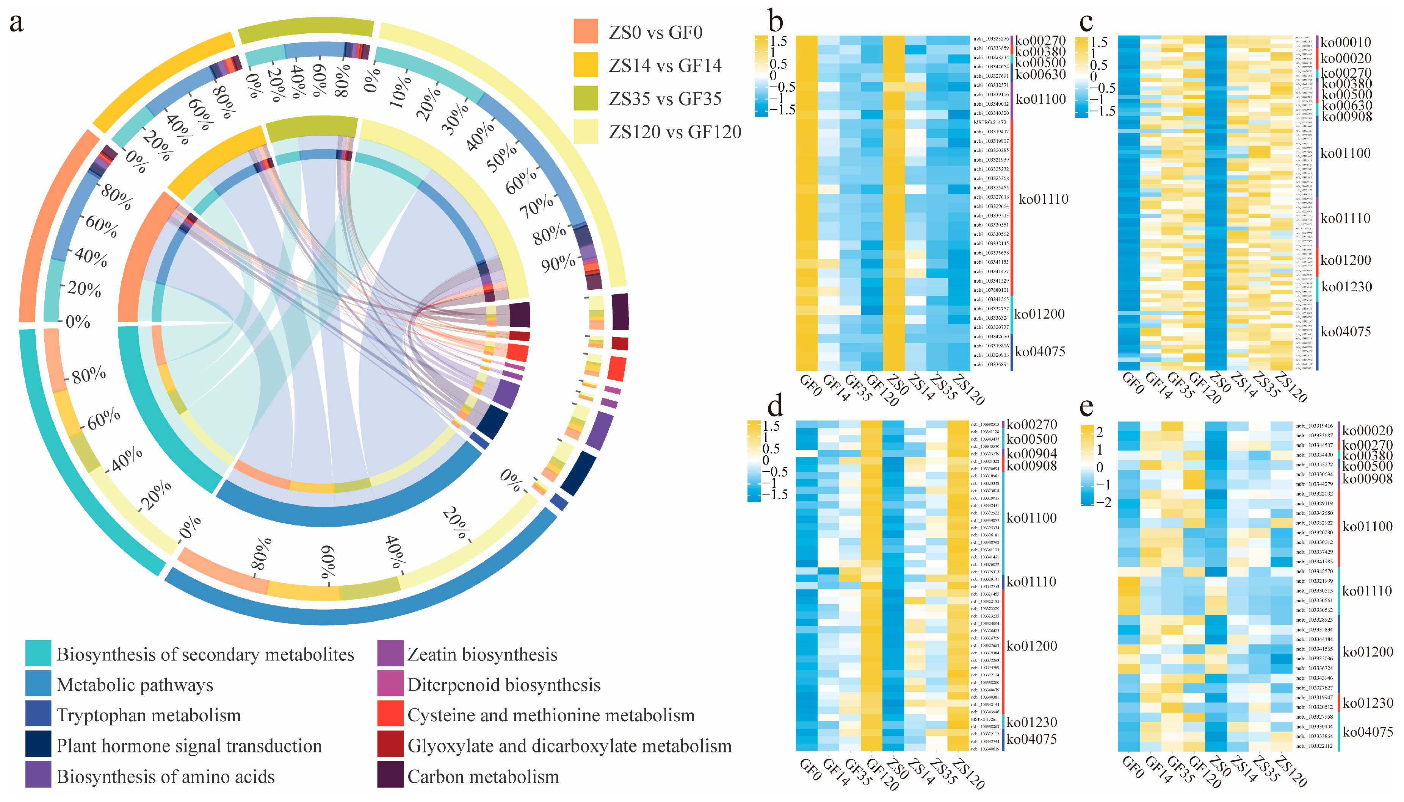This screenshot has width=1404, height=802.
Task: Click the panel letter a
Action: point(17,23)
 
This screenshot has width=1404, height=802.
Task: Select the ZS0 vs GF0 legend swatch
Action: point(586,31)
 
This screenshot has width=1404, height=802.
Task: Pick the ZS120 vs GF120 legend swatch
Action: point(586,132)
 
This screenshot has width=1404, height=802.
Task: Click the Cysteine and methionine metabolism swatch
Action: point(390,714)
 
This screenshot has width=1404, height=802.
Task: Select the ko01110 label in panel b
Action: point(1043,199)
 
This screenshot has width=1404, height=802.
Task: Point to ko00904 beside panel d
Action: point(1031,453)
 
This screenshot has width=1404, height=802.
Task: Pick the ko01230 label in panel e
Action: point(1368,703)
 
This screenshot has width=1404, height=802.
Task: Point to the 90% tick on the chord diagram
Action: point(558,263)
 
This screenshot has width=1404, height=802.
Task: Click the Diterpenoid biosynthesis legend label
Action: point(504,685)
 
